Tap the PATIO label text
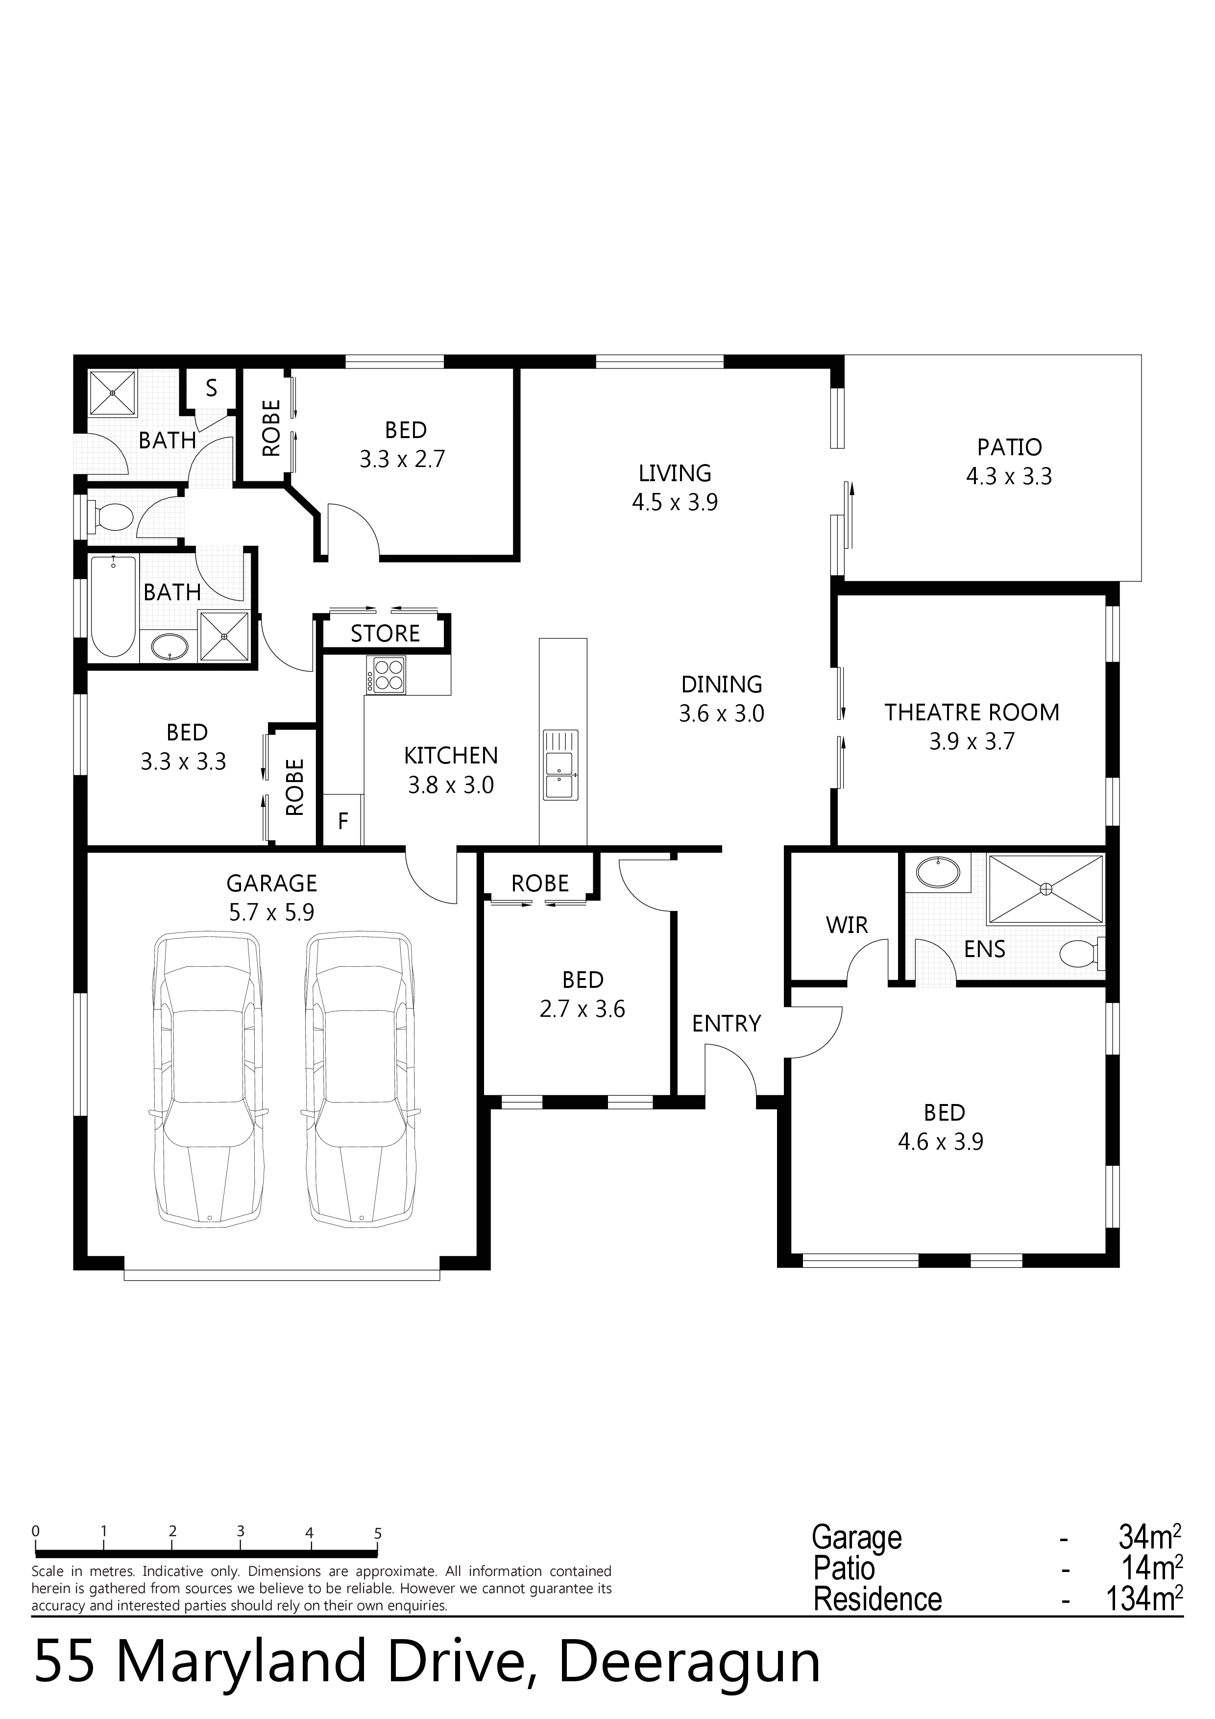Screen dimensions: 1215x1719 click(1009, 448)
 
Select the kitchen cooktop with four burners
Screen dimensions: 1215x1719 click(386, 675)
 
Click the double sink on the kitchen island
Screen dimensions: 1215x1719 click(559, 764)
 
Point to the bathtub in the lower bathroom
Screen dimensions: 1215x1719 click(114, 607)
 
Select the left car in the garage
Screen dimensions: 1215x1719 click(208, 1081)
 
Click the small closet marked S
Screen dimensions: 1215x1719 click(211, 389)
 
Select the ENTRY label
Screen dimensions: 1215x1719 click(726, 1024)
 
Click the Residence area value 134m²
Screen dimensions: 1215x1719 click(1144, 1599)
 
